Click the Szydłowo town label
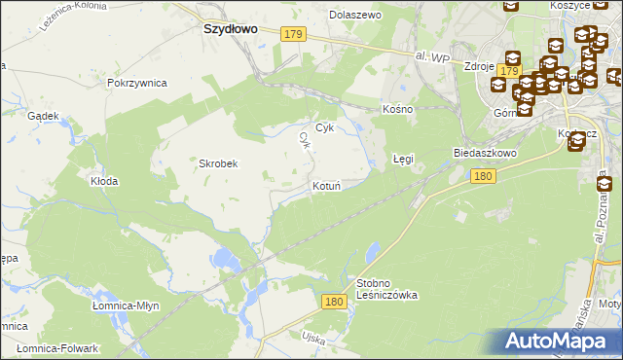230,29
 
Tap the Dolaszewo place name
356,16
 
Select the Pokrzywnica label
137,84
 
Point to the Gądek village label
45,115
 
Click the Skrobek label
219,163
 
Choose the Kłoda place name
104,182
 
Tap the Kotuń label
325,185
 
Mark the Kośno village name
398,109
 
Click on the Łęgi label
403,158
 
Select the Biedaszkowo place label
485,154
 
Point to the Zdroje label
480,67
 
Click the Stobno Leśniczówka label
386,289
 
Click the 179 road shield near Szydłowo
294,34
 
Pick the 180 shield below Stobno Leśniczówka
335,303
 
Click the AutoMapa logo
552,341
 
